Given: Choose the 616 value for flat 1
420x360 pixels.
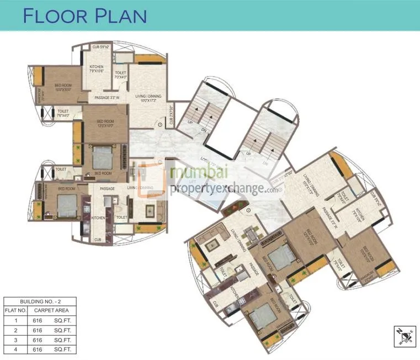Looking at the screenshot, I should (38, 320).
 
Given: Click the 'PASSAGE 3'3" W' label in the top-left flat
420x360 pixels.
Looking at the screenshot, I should (107, 98).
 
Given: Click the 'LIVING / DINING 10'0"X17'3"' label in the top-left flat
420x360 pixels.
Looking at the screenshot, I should (148, 99).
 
